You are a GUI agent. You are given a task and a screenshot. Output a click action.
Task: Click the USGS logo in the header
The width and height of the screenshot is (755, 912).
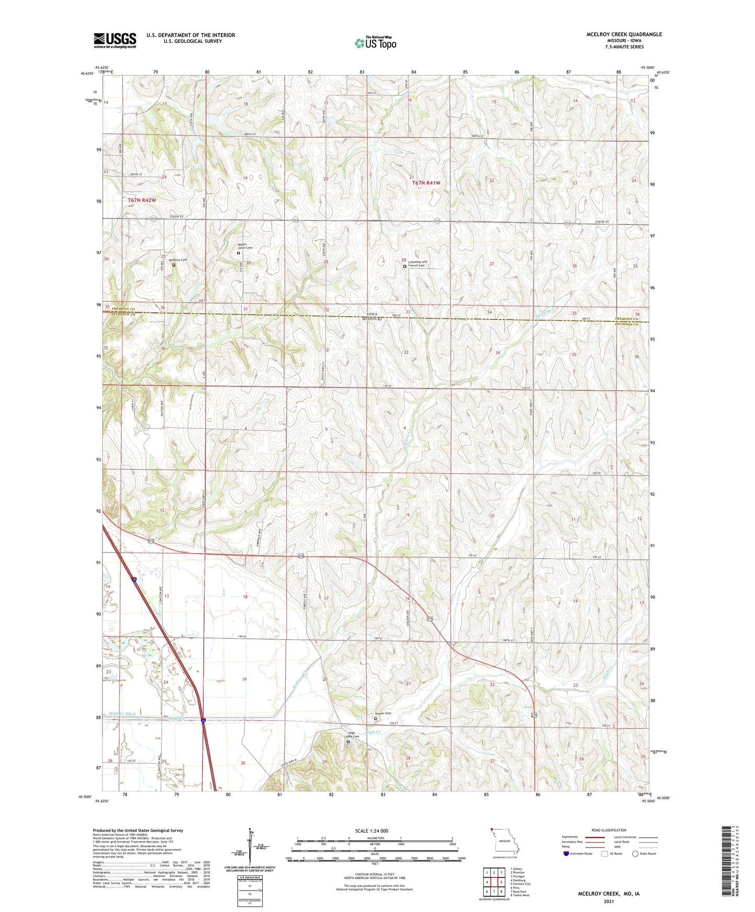pos(114,40)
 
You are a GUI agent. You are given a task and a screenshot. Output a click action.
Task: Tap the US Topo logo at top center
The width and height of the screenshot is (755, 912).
pos(375,43)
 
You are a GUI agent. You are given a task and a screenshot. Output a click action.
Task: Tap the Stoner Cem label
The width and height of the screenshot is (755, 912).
pos(383,714)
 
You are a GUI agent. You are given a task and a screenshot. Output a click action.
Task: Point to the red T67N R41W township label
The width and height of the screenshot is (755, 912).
pos(426,183)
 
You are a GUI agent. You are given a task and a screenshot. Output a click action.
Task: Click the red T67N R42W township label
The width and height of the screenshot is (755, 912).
pos(142,200)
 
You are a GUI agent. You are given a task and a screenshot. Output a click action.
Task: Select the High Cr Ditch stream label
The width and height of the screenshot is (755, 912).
pos(122,714)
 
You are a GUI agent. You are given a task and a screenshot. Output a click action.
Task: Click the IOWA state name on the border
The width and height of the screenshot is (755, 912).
pos(371,315)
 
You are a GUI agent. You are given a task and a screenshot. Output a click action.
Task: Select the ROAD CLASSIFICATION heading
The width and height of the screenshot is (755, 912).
pos(609,830)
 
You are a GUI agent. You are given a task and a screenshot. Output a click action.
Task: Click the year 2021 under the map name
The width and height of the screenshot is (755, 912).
pos(609,901)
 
